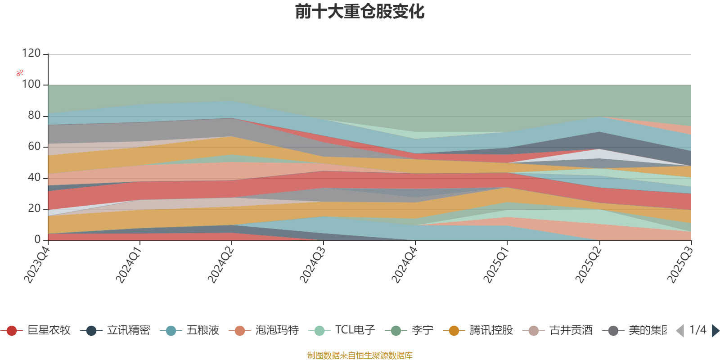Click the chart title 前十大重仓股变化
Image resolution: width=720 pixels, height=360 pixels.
tap(360, 12)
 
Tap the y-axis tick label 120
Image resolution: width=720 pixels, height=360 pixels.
tap(31, 54)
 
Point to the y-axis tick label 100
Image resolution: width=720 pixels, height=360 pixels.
tap(31, 85)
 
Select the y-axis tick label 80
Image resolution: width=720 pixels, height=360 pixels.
tap(34, 116)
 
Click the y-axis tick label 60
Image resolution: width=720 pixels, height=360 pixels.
tap(34, 147)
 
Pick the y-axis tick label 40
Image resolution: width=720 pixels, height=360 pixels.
tap(34, 178)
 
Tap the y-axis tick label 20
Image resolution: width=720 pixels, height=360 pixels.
tap(34, 209)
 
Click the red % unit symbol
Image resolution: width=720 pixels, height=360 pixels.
tap(20, 73)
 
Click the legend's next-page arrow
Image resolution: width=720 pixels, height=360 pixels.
tap(715, 331)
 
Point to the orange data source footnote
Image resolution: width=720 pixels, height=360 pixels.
tap(360, 355)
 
